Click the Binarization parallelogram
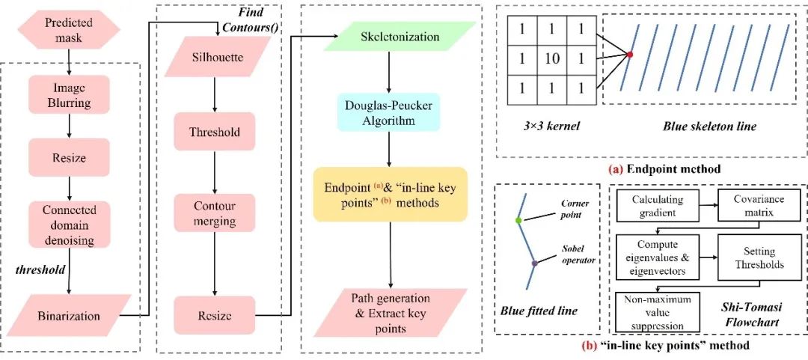click(69, 315)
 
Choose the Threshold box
click(215, 132)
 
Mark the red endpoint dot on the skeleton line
click(631, 55)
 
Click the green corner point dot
click(518, 221)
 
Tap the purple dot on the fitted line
click(534, 263)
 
